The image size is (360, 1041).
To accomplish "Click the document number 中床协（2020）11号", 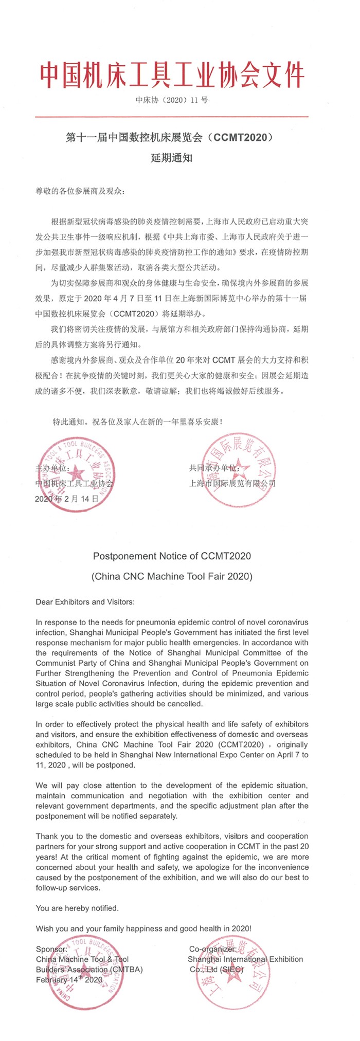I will [x=172, y=100].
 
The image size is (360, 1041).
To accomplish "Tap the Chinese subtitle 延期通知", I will [x=172, y=158].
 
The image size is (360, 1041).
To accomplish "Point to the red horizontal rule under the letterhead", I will [x=172, y=117].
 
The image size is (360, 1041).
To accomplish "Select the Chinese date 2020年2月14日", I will [x=66, y=499].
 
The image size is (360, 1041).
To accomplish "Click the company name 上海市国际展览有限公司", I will [x=232, y=483].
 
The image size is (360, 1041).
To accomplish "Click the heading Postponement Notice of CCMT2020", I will [x=172, y=556].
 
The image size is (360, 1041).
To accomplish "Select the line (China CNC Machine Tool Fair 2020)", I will [x=172, y=576].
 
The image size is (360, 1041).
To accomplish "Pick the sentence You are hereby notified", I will [x=77, y=908].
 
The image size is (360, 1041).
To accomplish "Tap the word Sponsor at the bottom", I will [x=51, y=949].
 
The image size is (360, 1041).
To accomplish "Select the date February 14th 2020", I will [x=69, y=980].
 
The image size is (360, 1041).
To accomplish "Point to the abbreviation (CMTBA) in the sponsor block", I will [x=126, y=970].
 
